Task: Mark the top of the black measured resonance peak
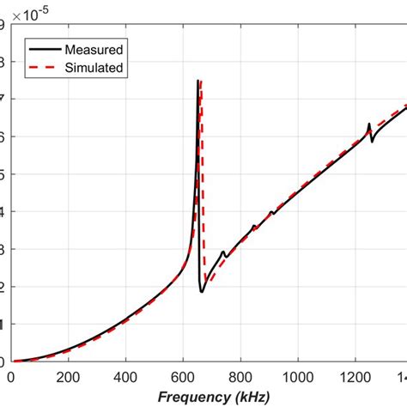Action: pyautogui.click(x=198, y=82)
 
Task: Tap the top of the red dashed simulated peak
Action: pyautogui.click(x=202, y=82)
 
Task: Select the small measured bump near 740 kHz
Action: pyautogui.click(x=223, y=252)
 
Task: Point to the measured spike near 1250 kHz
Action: pyautogui.click(x=369, y=125)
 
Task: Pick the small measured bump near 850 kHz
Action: pyautogui.click(x=253, y=227)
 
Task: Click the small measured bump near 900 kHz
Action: pyautogui.click(x=271, y=211)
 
